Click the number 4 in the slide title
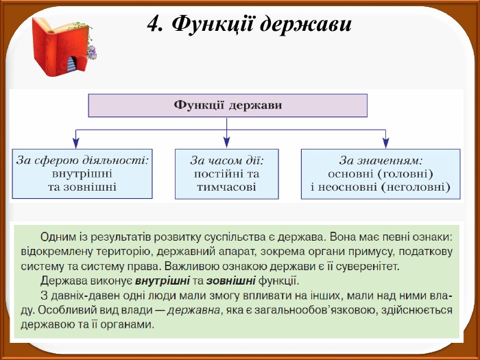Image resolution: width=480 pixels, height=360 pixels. point(154,24)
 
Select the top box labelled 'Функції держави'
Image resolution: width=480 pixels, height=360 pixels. point(228,106)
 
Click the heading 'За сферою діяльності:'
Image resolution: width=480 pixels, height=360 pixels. point(83,160)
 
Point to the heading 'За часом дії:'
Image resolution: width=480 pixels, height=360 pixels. point(227,160)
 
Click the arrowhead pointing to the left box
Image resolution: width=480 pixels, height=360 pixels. point(75,143)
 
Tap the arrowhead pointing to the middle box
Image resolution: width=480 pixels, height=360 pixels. point(227,143)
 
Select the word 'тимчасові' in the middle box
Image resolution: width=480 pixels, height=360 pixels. point(226,186)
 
